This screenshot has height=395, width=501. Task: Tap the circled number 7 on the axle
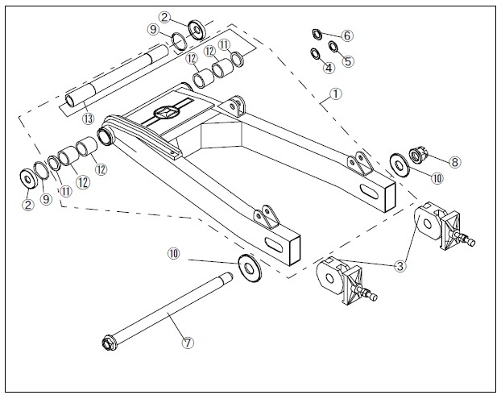[188, 342]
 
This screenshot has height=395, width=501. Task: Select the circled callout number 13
[87, 118]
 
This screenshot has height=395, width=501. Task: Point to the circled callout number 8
[455, 161]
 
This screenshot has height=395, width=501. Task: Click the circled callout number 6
[347, 35]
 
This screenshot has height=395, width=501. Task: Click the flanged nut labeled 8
[420, 155]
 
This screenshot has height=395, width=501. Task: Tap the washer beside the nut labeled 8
[399, 164]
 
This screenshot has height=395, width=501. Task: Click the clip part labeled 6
[317, 33]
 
